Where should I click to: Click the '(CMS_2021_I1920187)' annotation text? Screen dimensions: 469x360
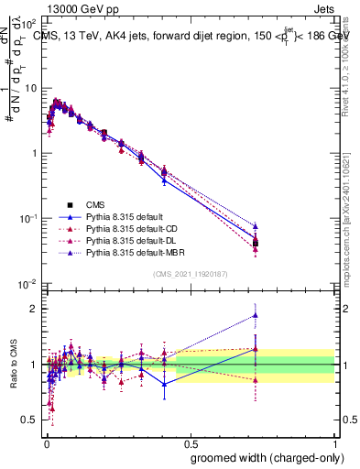(x=190, y=275)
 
